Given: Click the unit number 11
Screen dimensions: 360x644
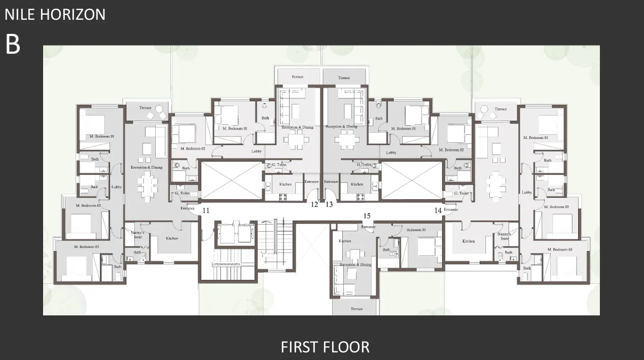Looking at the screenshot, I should coord(205,210).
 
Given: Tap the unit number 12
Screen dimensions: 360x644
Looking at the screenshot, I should coord(314,204).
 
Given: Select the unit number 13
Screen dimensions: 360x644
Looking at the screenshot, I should coord(329,204).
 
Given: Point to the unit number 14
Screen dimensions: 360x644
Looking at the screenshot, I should coord(438,210).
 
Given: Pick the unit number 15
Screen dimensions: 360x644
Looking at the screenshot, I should coord(367,216).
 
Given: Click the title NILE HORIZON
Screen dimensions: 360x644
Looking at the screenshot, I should coord(55,14).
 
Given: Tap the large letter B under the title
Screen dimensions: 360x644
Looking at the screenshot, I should coord(13,45).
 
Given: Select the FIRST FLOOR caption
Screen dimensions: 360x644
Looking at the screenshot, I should coord(325,347).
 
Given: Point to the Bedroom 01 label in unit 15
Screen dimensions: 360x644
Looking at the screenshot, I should coord(417,230).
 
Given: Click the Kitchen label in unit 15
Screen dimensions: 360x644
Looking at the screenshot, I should coord(345,241).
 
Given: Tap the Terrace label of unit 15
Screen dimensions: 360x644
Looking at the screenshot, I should coord(356,309).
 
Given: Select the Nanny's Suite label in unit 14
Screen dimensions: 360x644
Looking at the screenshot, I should coord(504,236).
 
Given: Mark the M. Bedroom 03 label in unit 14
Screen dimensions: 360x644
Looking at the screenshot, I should coord(560,249).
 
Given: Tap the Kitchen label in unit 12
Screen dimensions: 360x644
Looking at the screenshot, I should coord(285,184).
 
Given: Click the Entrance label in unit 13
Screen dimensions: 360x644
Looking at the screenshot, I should coord(331,182).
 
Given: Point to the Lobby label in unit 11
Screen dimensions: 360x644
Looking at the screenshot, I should coord(117,187).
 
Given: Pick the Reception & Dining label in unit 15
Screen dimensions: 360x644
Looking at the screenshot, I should coord(355,265).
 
